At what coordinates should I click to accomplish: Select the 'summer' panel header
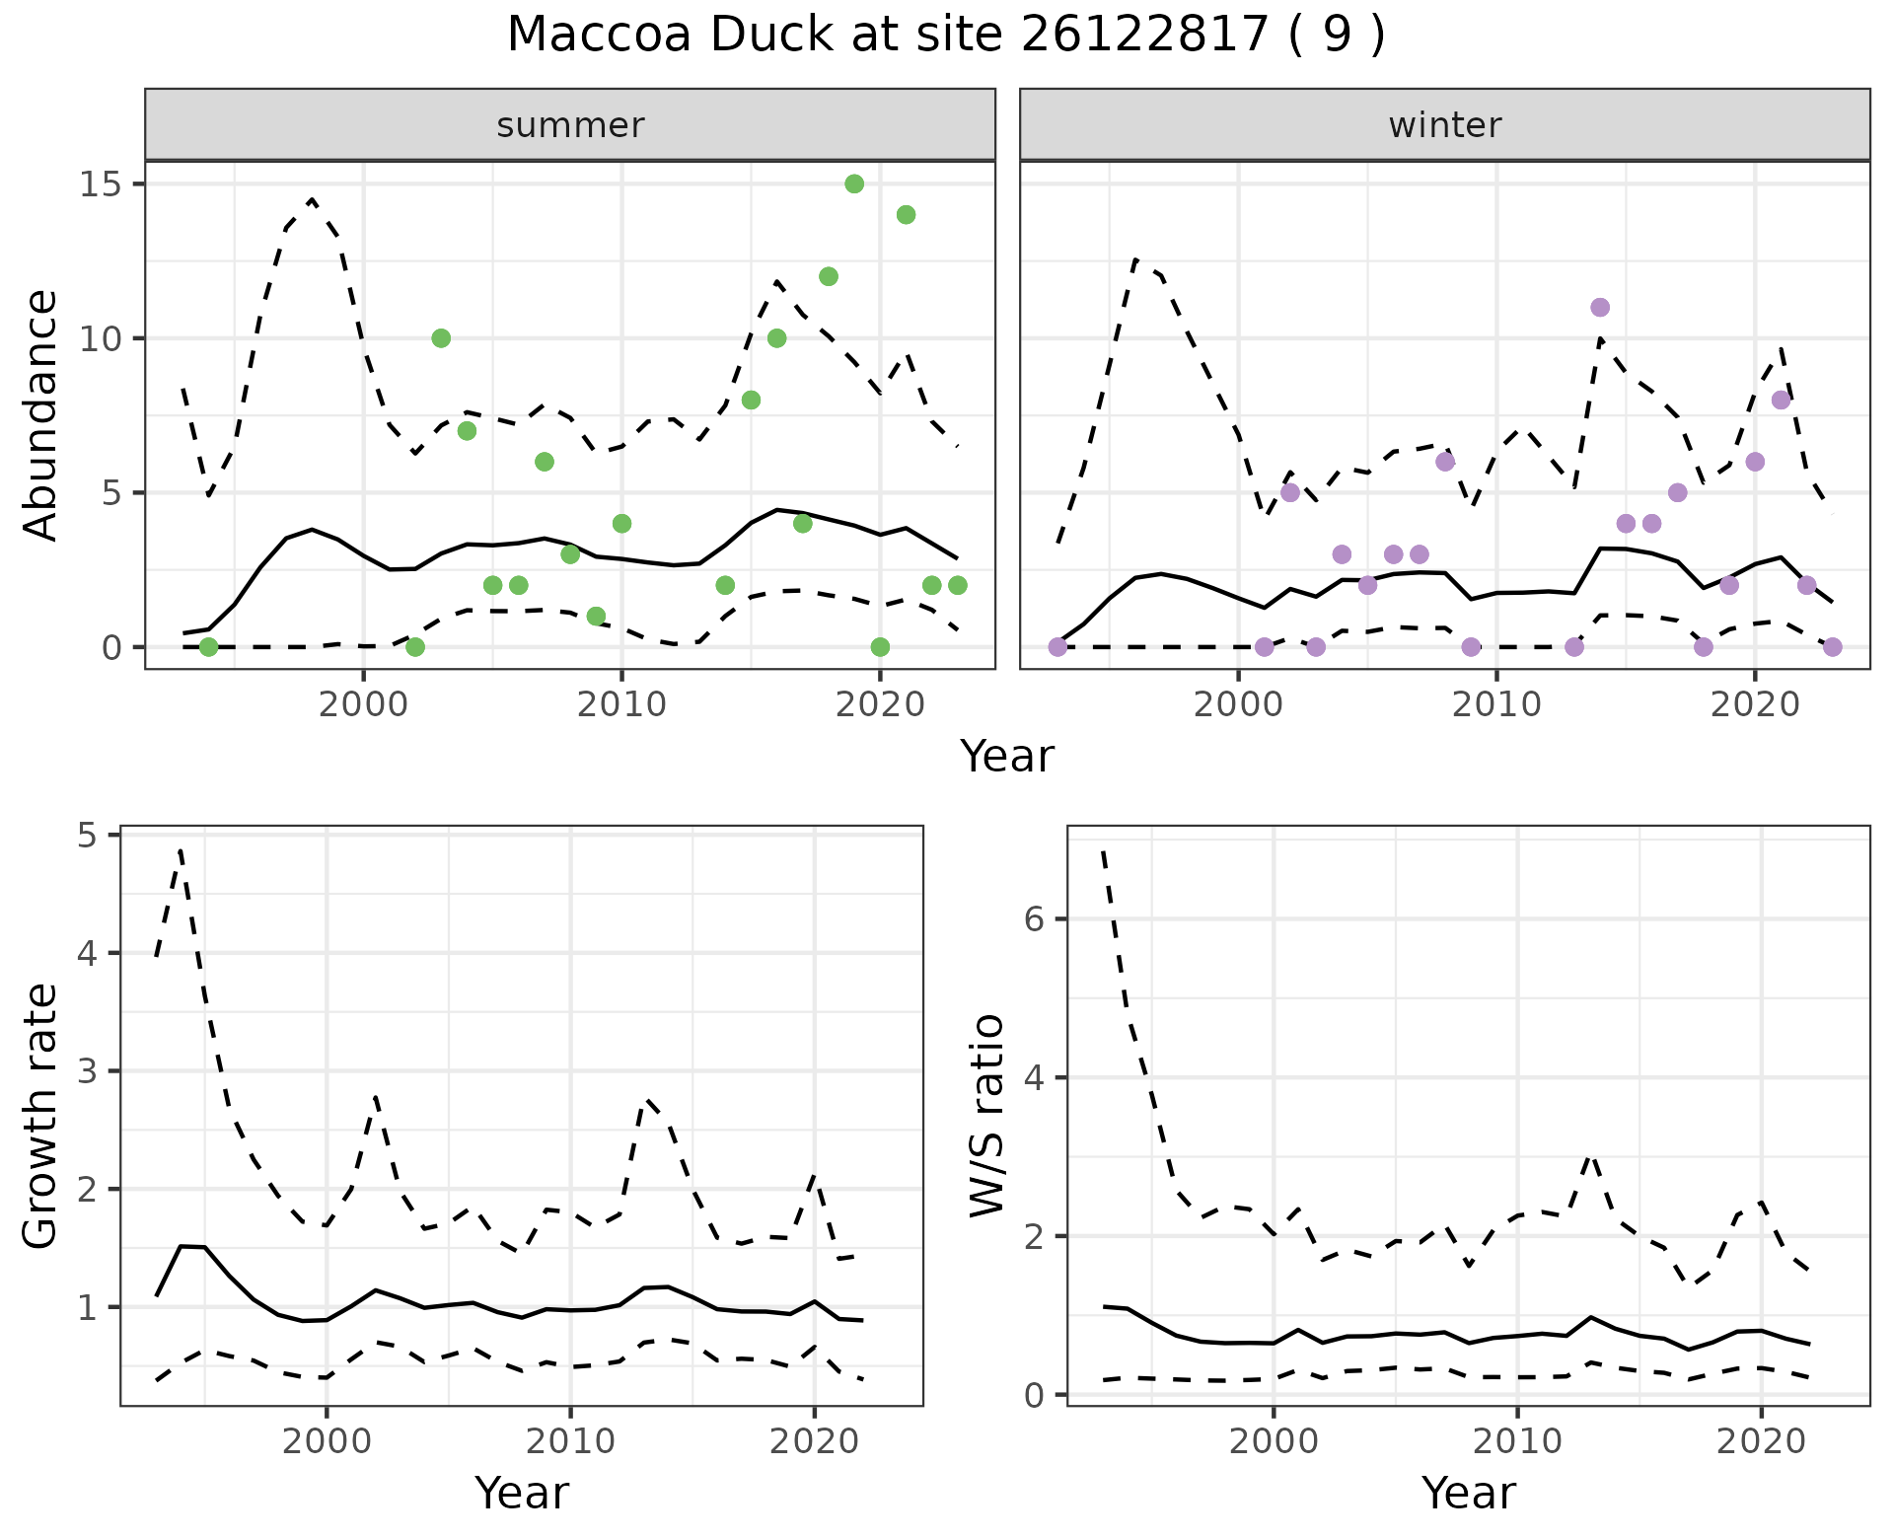coord(570,125)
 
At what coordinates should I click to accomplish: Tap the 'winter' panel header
coord(1444,125)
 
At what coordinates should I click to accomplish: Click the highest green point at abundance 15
coord(854,184)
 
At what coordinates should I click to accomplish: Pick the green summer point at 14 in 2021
coord(906,215)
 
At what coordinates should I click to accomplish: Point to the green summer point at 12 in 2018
coord(829,276)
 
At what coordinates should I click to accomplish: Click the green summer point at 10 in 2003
coord(441,338)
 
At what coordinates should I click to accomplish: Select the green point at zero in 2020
coord(880,647)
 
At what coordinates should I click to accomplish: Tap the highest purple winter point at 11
coord(1600,308)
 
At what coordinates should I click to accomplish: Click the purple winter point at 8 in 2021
coord(1781,400)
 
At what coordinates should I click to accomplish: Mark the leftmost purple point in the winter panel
coord(1057,647)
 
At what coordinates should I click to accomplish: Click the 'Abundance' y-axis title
coord(41,414)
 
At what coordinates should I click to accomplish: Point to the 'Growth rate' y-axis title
coord(41,1116)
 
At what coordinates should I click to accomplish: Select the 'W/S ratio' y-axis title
coord(987,1116)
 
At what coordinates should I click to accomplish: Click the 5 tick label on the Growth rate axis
coord(88,836)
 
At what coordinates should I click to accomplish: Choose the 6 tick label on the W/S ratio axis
coord(1033,919)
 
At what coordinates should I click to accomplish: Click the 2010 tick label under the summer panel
coord(621,704)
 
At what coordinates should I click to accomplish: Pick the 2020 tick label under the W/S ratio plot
coord(1761,1441)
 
